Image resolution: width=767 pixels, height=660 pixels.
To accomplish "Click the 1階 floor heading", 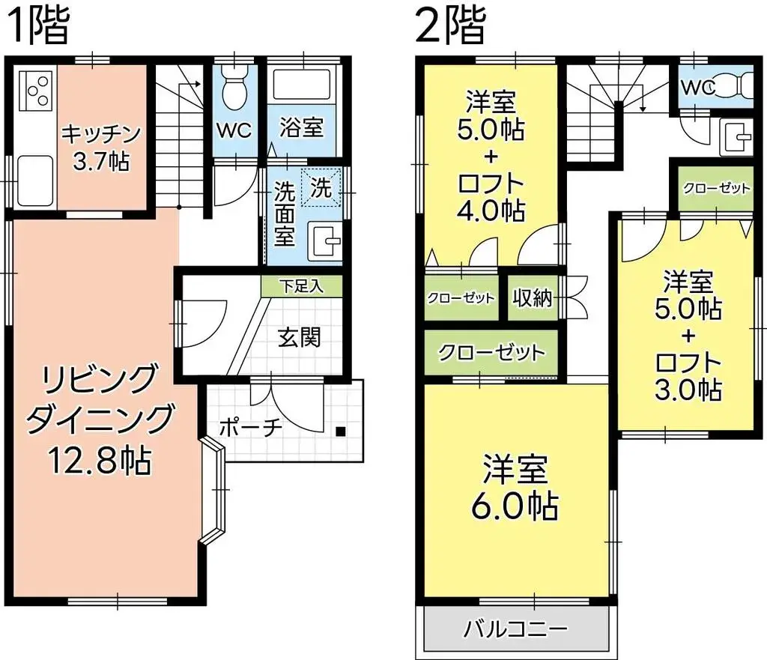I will [38, 26].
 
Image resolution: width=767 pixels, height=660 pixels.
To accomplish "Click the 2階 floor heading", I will [450, 26].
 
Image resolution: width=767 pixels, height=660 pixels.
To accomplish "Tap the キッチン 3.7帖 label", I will [101, 147].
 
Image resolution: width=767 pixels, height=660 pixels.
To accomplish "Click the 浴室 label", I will [303, 127].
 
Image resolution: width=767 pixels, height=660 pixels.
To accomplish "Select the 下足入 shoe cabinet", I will [301, 285].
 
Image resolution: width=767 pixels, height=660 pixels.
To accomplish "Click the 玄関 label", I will [300, 338].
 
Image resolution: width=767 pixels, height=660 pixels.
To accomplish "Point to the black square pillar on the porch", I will [341, 431].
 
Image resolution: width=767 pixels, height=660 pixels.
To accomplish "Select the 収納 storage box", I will [533, 298].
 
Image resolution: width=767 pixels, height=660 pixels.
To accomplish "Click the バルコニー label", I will [515, 628].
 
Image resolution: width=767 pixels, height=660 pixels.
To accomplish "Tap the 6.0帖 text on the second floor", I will [515, 507].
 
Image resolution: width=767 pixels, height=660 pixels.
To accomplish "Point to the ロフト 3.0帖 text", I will [688, 377].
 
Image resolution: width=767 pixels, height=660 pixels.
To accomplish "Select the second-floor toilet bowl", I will [737, 86].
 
